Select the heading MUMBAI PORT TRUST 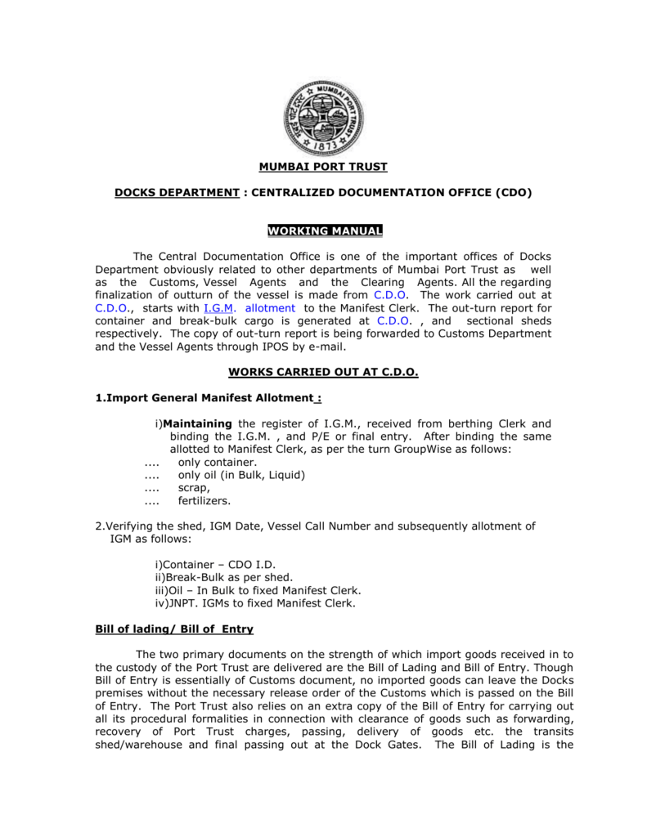(323, 168)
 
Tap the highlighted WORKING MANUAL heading (324, 231)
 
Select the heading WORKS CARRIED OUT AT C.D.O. (323, 372)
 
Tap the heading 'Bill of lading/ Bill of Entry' (174, 629)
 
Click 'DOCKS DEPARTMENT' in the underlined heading (176, 193)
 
